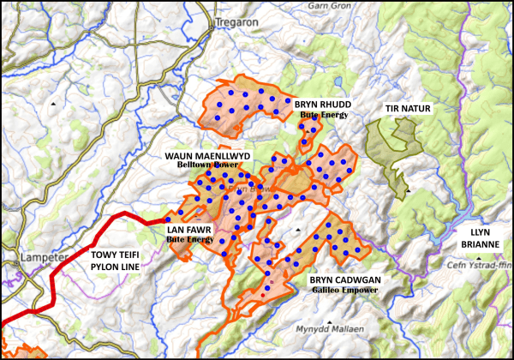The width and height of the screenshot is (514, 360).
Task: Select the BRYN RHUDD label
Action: click(323, 104)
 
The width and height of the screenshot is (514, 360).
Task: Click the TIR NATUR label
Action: click(408, 109)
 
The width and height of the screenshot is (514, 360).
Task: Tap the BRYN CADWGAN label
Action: click(346, 280)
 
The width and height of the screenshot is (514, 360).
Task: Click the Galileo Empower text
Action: click(346, 291)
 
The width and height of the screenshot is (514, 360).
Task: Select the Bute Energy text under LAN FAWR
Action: click(189, 240)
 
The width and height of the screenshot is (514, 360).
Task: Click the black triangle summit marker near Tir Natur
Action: click(409, 190)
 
